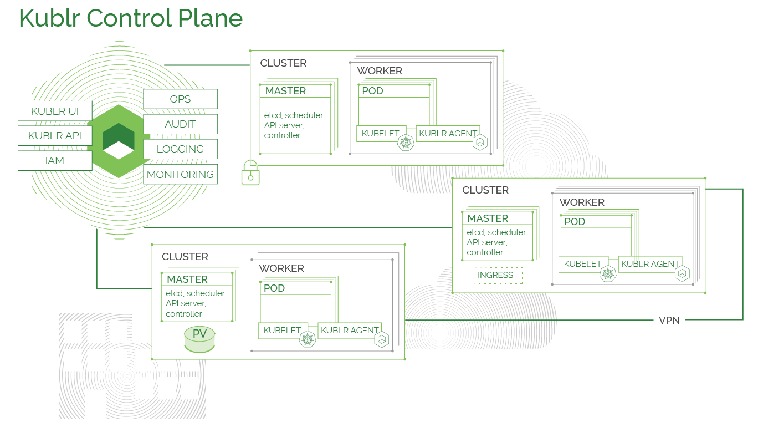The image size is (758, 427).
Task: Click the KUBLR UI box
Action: click(x=55, y=111)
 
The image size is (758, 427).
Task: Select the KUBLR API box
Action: click(x=55, y=136)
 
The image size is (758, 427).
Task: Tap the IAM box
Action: click(x=55, y=160)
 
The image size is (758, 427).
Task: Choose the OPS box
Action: click(x=181, y=99)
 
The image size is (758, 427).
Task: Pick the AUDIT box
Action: click(x=181, y=124)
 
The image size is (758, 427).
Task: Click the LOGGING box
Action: click(x=181, y=149)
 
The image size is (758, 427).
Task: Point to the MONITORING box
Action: click(x=181, y=174)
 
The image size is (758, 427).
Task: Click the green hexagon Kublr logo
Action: click(x=119, y=141)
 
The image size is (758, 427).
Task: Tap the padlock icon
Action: click(x=250, y=172)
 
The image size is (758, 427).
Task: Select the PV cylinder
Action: click(x=199, y=339)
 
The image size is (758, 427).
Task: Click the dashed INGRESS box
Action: click(x=498, y=275)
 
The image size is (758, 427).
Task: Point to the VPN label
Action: click(x=669, y=321)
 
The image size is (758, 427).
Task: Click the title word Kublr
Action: click(x=50, y=18)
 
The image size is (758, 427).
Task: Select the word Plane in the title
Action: click(x=210, y=18)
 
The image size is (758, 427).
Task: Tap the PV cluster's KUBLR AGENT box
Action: click(x=350, y=331)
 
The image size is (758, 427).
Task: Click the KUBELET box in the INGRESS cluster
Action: click(x=583, y=264)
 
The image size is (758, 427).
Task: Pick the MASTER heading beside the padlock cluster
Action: click(x=285, y=91)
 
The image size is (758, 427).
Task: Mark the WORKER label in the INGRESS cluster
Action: click(x=582, y=202)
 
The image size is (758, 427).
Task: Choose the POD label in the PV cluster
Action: click(x=274, y=288)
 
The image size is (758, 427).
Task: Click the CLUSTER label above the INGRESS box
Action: click(x=485, y=190)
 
